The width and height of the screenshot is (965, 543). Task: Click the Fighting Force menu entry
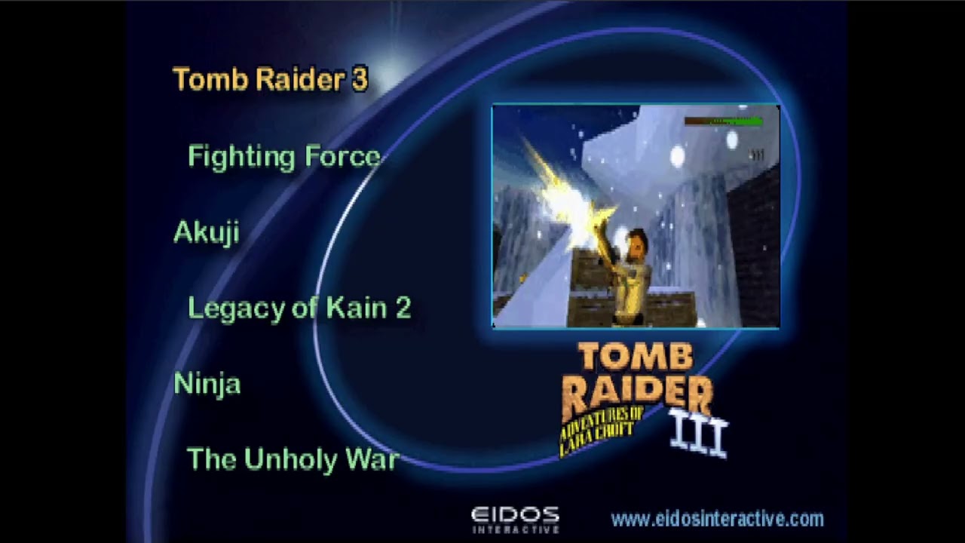[x=283, y=157]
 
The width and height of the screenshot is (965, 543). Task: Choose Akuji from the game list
[x=206, y=232]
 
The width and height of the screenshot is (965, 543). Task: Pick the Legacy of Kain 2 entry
[x=299, y=308]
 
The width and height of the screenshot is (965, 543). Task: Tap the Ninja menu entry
[x=207, y=384]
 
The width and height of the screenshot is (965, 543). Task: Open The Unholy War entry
[x=292, y=459]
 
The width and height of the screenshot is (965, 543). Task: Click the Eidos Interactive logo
[x=515, y=520]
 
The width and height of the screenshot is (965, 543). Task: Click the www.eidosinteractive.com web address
[x=716, y=519]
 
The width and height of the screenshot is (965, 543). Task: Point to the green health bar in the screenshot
[x=724, y=121]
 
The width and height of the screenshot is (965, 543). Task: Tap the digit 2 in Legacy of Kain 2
[x=402, y=308]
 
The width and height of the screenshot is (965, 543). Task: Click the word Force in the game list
[x=342, y=157]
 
